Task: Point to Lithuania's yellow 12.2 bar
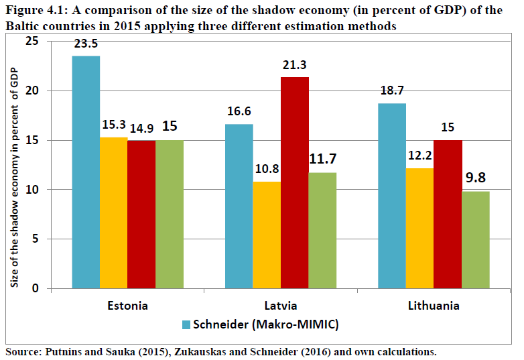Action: [419, 229]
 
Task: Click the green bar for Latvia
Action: [323, 231]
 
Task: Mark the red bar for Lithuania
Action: [448, 215]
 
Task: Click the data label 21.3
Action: [295, 66]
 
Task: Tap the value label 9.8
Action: [476, 179]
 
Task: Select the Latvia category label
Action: [281, 306]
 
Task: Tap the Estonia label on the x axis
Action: [127, 306]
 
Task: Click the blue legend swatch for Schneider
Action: [187, 325]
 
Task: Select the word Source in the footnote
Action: [23, 351]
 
